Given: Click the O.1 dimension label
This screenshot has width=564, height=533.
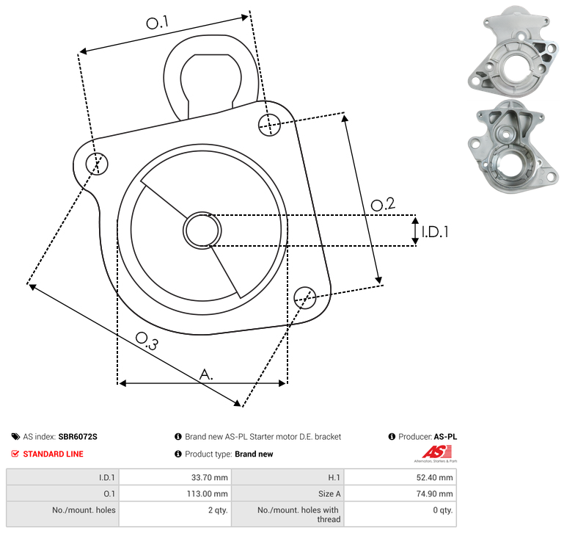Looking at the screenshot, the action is pyautogui.click(x=157, y=22).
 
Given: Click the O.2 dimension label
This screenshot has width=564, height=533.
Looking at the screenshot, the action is pyautogui.click(x=383, y=204).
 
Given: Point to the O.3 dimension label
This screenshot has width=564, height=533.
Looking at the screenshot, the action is pyautogui.click(x=147, y=341).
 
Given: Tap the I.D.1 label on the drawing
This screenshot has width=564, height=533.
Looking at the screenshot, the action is pyautogui.click(x=435, y=232).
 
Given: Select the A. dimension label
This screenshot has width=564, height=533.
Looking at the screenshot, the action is pyautogui.click(x=206, y=374).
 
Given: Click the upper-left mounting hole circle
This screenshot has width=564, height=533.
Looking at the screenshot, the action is pyautogui.click(x=97, y=164).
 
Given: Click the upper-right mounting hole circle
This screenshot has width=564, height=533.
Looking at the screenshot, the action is pyautogui.click(x=269, y=125).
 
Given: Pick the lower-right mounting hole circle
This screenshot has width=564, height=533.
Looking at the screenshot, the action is pyautogui.click(x=305, y=297).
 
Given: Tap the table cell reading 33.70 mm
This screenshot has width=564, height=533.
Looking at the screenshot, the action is pyautogui.click(x=175, y=477).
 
